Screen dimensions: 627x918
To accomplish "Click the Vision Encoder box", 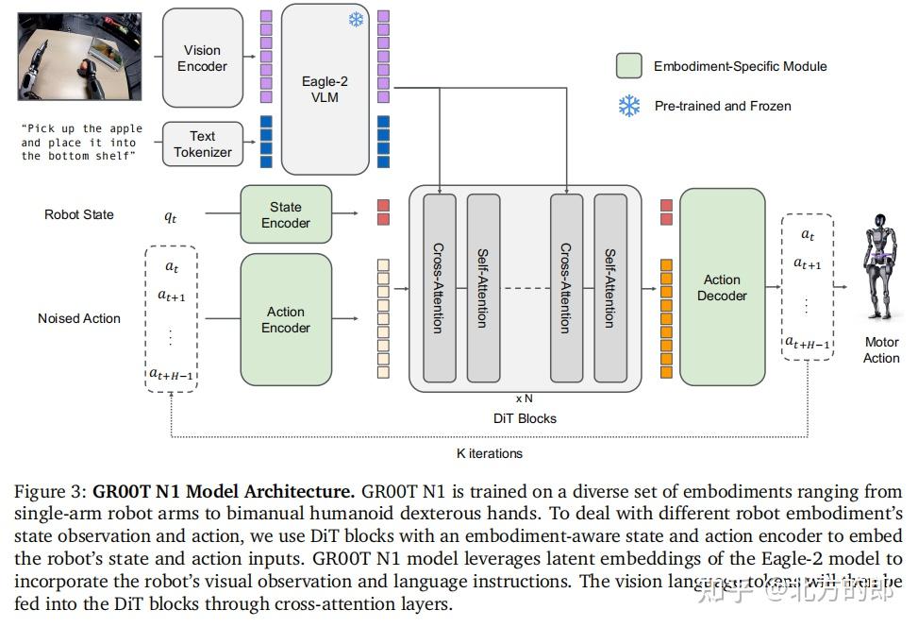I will click(203, 58).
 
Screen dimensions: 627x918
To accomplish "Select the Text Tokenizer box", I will click(203, 144).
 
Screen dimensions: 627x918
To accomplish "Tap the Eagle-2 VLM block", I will click(325, 89).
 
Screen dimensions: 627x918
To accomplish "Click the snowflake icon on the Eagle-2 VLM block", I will click(356, 20).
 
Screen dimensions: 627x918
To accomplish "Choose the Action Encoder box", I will click(285, 319).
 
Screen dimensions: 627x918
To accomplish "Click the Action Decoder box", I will click(722, 287).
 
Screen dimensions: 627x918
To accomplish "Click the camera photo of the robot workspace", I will click(79, 58).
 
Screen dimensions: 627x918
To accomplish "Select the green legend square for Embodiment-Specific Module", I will click(629, 66).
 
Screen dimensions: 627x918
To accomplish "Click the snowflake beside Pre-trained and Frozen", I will click(629, 106).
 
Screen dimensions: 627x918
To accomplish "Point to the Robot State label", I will click(79, 214).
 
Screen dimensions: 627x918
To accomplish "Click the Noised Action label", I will click(79, 318).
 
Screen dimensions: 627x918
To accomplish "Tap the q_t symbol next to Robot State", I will click(171, 215).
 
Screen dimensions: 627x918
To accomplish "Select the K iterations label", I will click(489, 453).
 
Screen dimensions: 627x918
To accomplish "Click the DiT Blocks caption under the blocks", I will click(525, 418).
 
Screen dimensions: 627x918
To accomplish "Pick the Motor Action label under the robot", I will click(881, 349).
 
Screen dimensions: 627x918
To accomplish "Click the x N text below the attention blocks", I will click(524, 398).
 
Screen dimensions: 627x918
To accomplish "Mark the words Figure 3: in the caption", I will click(50, 492).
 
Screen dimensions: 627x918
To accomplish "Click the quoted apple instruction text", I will click(81, 143).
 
